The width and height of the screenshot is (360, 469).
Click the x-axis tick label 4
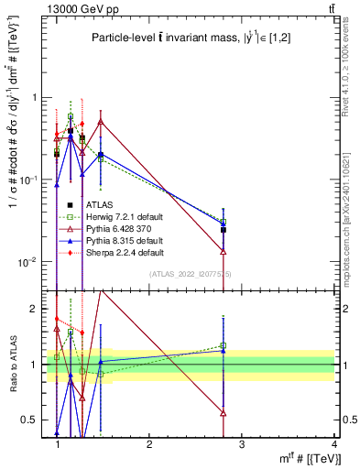[x=333, y=442]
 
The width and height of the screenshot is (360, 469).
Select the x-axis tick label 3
[x=241, y=442]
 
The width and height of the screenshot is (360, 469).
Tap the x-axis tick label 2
[x=149, y=442]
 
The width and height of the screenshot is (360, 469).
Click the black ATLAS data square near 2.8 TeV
[x=224, y=230]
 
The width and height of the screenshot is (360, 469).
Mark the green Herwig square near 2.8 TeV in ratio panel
[x=224, y=345]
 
